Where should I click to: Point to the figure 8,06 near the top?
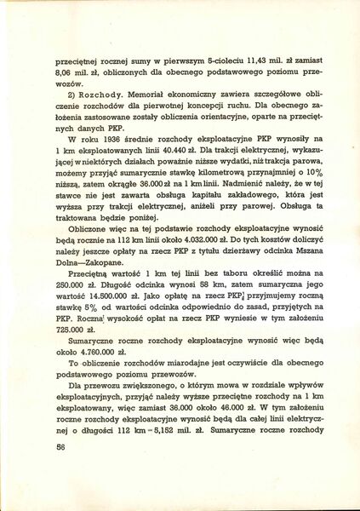pyautogui.click(x=66, y=75)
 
